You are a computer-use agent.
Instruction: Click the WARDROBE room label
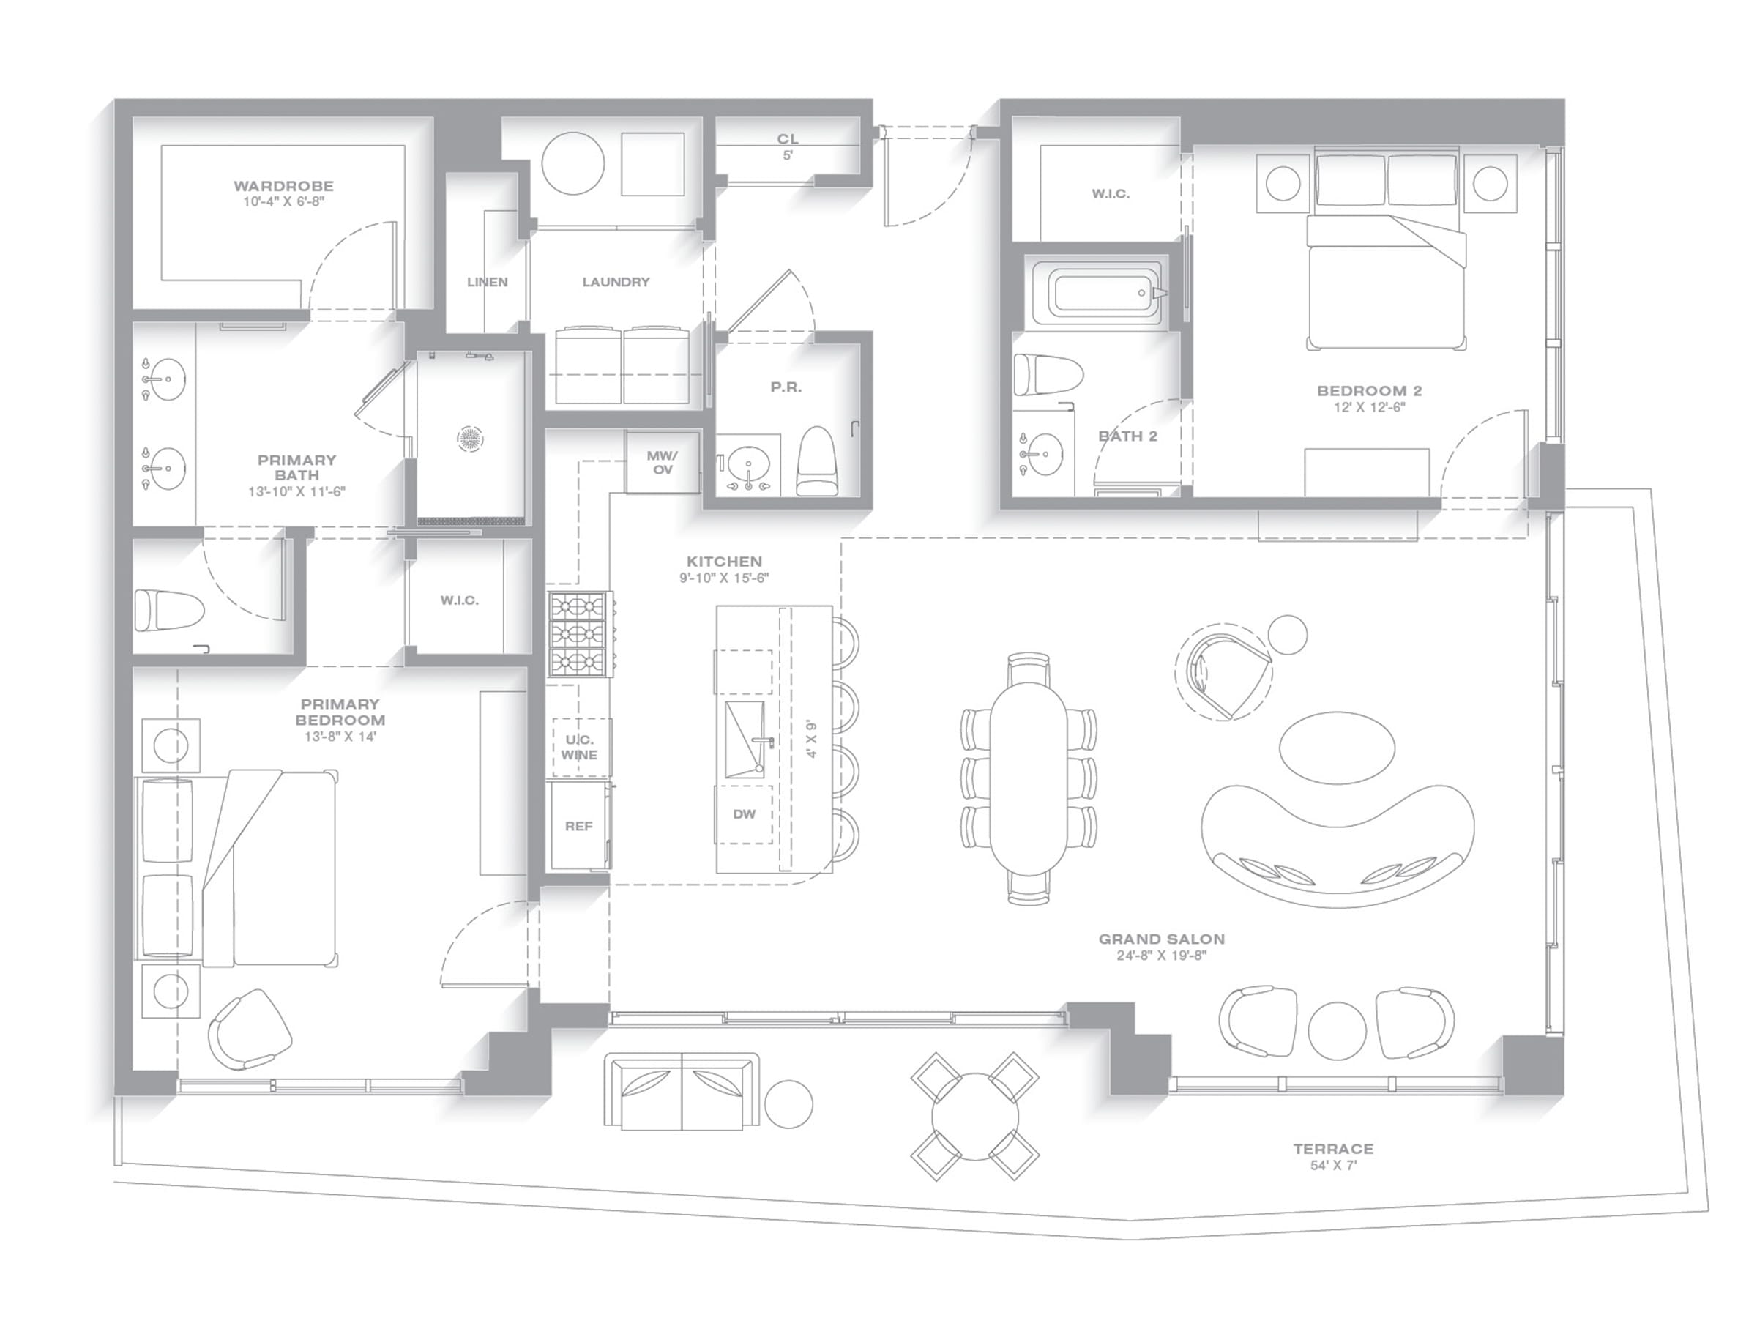(x=283, y=186)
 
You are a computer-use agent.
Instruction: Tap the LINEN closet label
(x=487, y=282)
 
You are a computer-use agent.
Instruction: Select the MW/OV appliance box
(x=663, y=462)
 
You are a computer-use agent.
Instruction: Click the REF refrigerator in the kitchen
(x=578, y=826)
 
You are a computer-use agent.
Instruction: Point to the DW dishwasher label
(x=745, y=814)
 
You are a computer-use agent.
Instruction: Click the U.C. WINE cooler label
(x=579, y=748)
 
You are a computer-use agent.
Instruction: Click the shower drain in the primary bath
(x=470, y=438)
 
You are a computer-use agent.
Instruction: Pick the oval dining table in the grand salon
(x=1029, y=778)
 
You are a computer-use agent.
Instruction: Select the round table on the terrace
(x=974, y=1116)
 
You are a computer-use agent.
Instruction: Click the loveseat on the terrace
(x=682, y=1091)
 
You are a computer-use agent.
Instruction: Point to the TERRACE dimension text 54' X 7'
(x=1333, y=1166)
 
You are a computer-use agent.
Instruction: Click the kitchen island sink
(x=745, y=739)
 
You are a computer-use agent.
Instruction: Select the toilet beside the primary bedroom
(x=168, y=610)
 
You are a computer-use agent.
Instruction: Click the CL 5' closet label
(x=787, y=146)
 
